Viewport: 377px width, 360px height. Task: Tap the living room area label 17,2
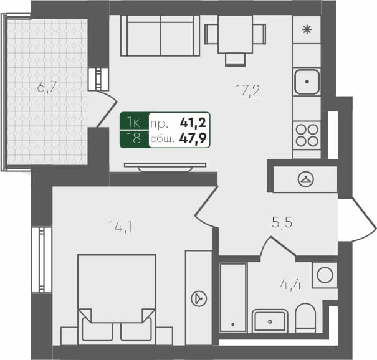[247, 91]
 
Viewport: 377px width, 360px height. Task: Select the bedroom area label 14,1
[119, 227]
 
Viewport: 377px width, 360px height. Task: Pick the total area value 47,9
[193, 138]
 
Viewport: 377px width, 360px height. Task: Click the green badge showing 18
[133, 138]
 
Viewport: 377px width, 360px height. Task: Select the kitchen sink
[307, 80]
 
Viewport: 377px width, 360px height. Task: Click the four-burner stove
[307, 135]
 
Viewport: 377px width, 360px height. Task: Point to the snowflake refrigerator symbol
[307, 29]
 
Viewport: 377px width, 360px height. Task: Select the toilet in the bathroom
[306, 318]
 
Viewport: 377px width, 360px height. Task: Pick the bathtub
[233, 298]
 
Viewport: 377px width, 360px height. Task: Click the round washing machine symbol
[323, 275]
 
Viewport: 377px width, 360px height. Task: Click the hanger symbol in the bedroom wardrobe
[198, 298]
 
